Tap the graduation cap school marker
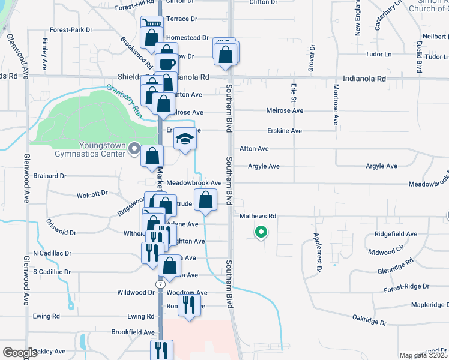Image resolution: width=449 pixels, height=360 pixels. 185,139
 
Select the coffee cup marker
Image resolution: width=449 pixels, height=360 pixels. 167,64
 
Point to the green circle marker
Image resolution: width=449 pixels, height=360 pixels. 261,231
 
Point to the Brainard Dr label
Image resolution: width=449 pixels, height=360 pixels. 50,176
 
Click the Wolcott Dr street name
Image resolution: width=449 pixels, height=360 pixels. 92,194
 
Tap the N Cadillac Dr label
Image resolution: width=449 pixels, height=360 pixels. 52,254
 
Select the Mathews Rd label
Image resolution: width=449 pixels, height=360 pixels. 258,216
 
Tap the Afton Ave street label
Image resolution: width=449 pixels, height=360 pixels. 254,148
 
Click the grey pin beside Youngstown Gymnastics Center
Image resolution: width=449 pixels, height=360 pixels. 133,148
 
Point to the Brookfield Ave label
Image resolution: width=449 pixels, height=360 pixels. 133,332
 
